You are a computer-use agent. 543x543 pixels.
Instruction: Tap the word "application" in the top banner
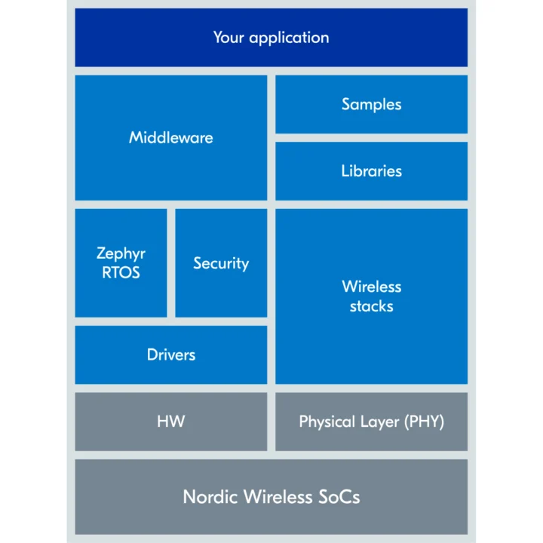click(289, 38)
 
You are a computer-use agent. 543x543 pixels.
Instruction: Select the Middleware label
click(171, 138)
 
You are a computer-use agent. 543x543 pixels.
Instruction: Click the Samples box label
click(371, 105)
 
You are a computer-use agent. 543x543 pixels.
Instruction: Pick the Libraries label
click(371, 171)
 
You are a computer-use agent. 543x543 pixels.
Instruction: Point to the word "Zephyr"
click(121, 254)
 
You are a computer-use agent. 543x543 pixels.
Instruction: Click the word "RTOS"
click(121, 272)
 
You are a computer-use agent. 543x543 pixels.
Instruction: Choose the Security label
click(221, 263)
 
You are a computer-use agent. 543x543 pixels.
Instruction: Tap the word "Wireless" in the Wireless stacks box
click(371, 287)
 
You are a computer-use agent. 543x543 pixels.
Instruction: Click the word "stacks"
click(371, 306)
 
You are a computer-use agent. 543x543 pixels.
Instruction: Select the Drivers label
click(171, 354)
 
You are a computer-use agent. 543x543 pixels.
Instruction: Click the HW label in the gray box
click(171, 422)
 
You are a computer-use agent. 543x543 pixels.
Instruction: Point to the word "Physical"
click(327, 422)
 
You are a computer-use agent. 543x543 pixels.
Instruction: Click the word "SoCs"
click(337, 497)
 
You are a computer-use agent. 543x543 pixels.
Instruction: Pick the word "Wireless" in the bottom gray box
click(275, 497)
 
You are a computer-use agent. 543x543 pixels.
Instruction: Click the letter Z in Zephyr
click(101, 253)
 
